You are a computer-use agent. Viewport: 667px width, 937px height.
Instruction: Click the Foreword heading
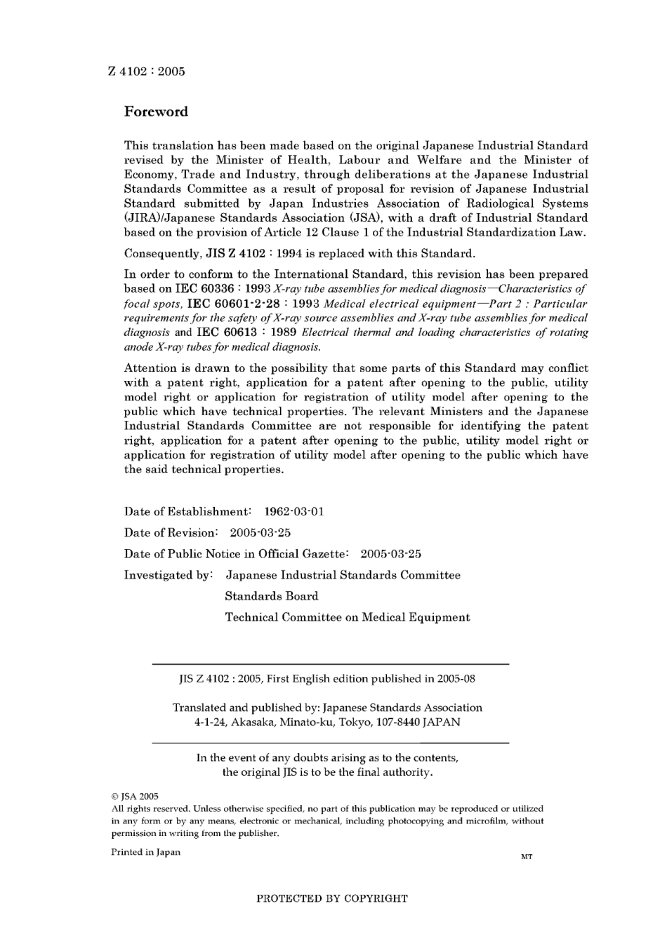[156, 112]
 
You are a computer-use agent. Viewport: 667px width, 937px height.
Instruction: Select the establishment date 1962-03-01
[293, 511]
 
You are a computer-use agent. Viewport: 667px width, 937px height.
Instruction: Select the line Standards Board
[271, 596]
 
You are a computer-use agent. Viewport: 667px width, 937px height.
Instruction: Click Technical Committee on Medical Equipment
[347, 617]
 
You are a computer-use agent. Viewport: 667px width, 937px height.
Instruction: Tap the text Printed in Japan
[145, 852]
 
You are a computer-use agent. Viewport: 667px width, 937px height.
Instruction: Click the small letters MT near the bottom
[527, 857]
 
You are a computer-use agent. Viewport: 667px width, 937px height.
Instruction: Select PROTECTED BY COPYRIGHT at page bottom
[332, 898]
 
